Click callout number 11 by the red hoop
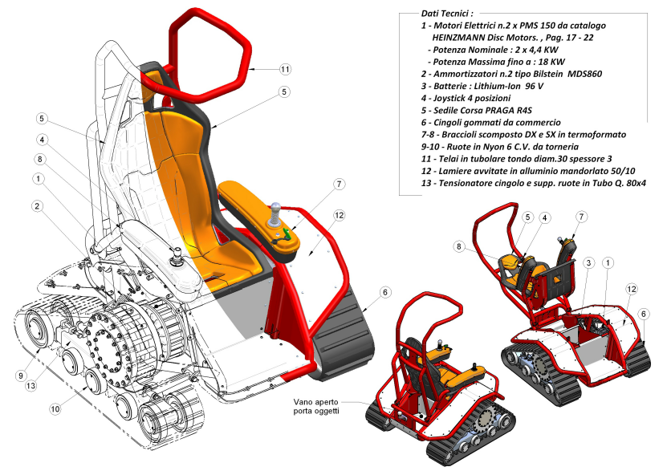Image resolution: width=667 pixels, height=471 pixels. click(x=285, y=70)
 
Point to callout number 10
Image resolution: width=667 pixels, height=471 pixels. click(x=55, y=409)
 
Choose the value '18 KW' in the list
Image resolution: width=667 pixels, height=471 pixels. click(x=549, y=61)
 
